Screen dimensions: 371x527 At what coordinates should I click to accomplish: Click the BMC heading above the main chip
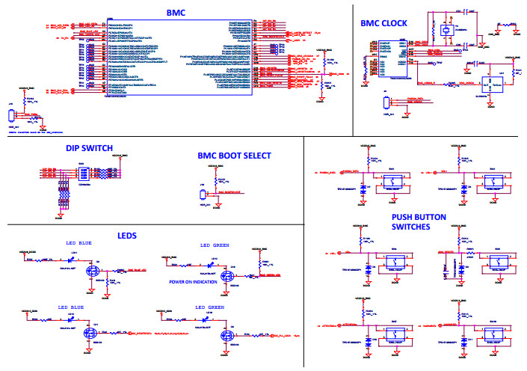[177, 13]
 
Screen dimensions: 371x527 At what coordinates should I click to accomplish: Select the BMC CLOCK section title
[383, 24]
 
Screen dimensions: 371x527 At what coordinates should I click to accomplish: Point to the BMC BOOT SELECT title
[234, 156]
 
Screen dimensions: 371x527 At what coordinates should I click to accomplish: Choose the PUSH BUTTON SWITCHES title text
[419, 222]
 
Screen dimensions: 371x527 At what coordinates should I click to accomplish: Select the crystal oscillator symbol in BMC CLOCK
[446, 30]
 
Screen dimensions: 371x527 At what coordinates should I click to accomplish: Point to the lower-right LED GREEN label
[210, 307]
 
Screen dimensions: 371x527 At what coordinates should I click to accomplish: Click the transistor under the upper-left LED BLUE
[93, 270]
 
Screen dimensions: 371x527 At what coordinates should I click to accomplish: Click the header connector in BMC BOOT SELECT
[203, 194]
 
